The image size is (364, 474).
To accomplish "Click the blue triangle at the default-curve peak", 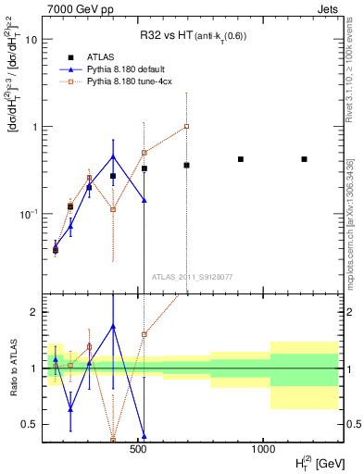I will (x=113, y=156).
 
